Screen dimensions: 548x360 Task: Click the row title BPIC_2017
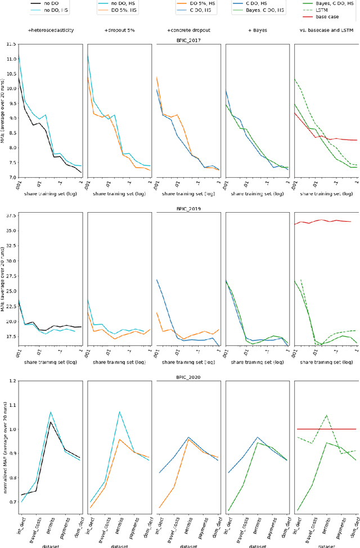[x=187, y=41]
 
